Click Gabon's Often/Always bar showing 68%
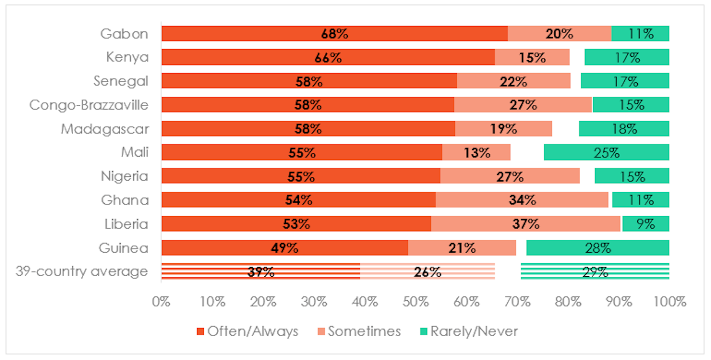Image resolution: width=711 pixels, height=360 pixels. coord(334,34)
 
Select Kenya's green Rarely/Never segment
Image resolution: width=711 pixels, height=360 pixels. coord(627,57)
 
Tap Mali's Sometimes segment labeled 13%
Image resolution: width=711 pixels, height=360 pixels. coord(476,153)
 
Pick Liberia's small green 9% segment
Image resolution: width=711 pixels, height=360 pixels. coord(645,224)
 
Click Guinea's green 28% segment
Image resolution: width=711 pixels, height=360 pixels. coord(597,248)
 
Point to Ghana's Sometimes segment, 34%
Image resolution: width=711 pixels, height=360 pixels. coord(522,200)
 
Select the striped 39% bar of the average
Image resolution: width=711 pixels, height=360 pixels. coord(261,271)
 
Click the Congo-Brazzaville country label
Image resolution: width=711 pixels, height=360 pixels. coord(89,105)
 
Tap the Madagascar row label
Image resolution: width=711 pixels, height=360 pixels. coord(105,129)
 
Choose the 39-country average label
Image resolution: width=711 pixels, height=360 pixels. coord(82,271)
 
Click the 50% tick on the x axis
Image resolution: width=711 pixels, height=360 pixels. coord(415,302)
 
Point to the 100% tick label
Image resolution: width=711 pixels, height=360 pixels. coord(670,302)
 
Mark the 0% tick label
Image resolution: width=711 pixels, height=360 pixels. coord(161,302)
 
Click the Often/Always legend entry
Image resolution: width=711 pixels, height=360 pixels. coord(248,331)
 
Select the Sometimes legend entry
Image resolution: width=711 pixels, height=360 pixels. coord(359,331)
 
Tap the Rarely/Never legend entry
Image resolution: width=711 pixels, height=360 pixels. coord(469,331)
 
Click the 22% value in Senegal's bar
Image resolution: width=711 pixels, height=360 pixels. coord(513,81)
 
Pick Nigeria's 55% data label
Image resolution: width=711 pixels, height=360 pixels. coord(301,177)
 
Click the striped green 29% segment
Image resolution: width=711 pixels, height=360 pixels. coord(595,271)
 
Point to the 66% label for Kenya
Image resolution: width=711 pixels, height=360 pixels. coord(328,58)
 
